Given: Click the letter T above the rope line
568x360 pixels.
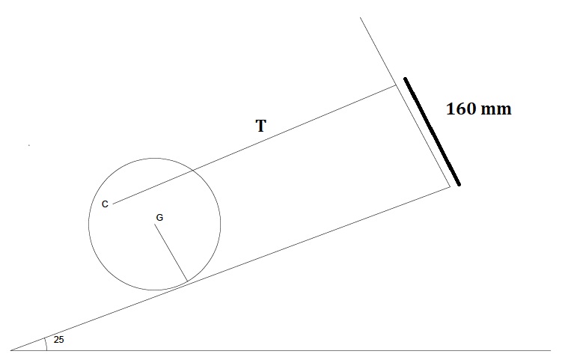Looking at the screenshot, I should coord(260,126).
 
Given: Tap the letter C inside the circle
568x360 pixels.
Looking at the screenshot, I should coord(105,204).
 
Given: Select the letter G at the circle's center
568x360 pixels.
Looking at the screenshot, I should coord(159,218).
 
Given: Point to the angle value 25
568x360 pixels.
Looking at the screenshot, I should coord(59,340).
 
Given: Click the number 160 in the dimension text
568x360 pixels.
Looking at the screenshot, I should coord(461,109).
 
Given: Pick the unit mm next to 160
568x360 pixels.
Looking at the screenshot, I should coord(495,109).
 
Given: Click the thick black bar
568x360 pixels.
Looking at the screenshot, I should coord(432,131).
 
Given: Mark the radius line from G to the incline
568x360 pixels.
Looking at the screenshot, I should coord(171,254).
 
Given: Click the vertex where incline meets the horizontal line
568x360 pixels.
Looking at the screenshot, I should coord(10,350).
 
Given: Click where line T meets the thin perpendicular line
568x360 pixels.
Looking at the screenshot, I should coord(396,85).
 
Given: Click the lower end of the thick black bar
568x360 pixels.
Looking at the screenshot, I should coord(459,184).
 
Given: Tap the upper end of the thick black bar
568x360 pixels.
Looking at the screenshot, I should coord(405,78).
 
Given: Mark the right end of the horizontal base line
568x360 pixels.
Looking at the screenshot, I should coord(550,350).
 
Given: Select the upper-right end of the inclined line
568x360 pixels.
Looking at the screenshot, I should coord(451,186).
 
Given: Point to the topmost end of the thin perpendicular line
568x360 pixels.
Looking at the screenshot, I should coord(361,18).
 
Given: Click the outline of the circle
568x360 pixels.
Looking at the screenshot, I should coord(220,225).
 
